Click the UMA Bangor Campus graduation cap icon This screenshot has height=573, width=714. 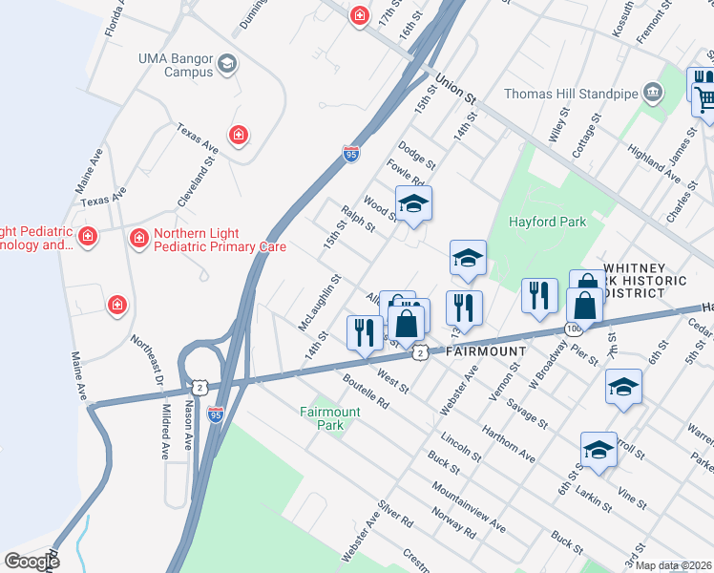click(227, 64)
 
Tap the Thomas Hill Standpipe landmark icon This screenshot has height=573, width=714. click(653, 92)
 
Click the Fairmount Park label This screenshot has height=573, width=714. click(329, 418)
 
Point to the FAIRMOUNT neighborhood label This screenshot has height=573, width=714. click(486, 351)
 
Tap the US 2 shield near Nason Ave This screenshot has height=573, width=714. click(199, 386)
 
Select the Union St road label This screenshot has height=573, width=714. click(455, 89)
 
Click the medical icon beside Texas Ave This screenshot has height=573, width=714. click(238, 135)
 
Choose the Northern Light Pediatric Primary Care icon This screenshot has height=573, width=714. click(139, 235)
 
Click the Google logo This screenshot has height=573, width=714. click(31, 562)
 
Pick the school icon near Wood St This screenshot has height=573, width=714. click(413, 203)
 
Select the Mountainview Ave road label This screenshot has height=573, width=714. click(469, 505)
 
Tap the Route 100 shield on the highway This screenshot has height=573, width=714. click(571, 329)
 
